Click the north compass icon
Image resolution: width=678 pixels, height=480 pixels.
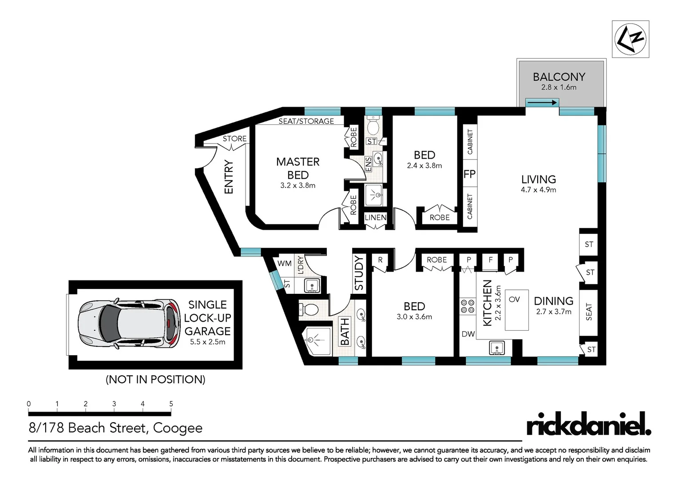630,39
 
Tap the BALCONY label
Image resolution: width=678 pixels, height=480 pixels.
559,77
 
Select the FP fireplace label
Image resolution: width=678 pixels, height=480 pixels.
469,174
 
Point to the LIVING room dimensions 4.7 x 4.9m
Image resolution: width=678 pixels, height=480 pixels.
538,190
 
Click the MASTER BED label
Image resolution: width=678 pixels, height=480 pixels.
297,168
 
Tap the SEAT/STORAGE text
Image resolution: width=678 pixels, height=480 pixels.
306,121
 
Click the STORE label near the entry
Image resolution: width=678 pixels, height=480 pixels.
234,139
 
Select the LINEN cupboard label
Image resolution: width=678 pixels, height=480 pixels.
375,217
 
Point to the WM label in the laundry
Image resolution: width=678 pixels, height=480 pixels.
284,263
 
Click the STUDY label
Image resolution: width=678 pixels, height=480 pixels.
359,273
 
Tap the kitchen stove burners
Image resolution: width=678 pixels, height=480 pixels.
468,306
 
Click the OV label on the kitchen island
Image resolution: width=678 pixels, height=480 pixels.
514,299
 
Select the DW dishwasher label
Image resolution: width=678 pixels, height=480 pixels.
468,334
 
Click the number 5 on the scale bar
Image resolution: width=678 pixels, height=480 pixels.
171,404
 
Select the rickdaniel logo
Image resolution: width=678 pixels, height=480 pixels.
588,424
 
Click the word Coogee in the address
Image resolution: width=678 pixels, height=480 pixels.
178,428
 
